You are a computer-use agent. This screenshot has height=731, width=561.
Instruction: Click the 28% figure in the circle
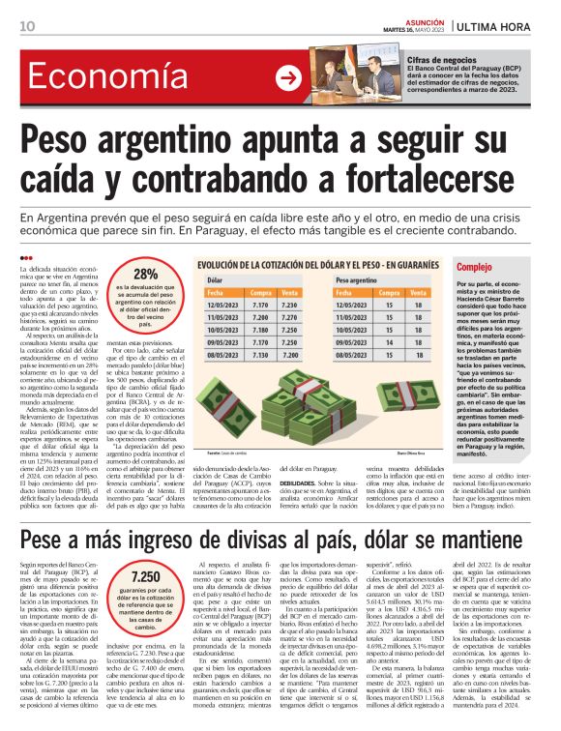click(x=146, y=274)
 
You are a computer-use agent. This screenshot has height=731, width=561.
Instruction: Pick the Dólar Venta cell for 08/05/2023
click(x=287, y=355)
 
